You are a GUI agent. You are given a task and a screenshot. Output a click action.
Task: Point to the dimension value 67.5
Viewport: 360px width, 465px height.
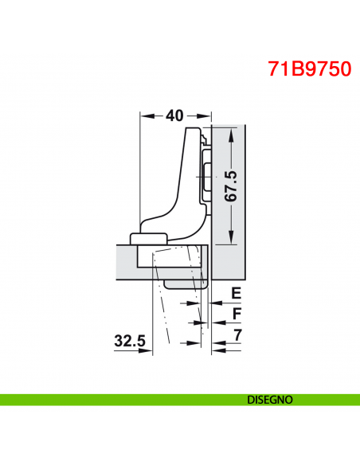(x=231, y=186)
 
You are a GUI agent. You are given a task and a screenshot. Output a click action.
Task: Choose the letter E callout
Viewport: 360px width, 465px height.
(x=236, y=294)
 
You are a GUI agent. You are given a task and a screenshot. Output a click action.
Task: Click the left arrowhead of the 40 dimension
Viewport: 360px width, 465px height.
(x=144, y=115)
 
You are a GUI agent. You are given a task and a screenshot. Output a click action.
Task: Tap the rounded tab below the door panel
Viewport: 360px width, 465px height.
(x=187, y=283)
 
